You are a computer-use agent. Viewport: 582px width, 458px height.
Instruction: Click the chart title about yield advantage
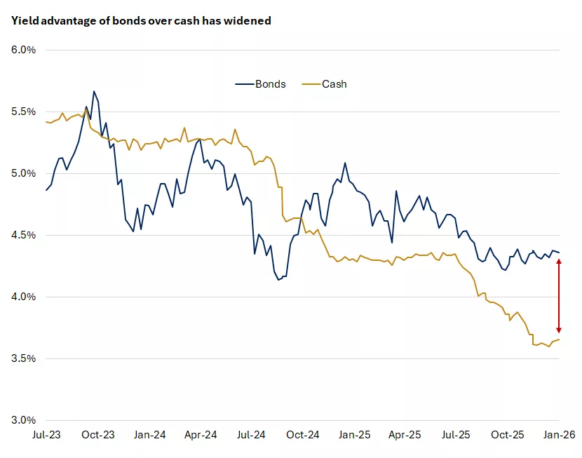pos(140,21)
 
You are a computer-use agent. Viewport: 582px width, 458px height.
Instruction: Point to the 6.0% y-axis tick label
pos(23,50)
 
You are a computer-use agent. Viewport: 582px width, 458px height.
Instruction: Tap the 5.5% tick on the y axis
pos(23,112)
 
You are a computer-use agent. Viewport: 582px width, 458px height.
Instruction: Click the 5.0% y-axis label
pos(23,173)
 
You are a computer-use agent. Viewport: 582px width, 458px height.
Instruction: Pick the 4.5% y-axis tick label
pos(23,235)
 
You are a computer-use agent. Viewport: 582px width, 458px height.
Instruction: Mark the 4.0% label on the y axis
pos(23,297)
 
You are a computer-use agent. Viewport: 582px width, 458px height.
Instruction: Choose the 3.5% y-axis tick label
pos(23,358)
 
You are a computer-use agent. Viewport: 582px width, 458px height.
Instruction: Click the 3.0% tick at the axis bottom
pos(23,420)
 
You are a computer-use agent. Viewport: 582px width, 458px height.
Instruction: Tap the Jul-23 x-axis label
pos(46,436)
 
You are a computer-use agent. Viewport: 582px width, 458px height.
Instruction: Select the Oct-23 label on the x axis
pos(98,436)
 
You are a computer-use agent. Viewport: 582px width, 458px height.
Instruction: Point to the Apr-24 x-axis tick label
pos(200,436)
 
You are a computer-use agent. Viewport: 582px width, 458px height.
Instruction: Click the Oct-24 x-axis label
pos(303,436)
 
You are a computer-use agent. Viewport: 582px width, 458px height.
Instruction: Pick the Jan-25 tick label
pos(354,436)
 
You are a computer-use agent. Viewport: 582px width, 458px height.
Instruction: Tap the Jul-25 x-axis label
pos(456,436)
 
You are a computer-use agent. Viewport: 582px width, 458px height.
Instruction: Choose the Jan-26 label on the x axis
pos(560,436)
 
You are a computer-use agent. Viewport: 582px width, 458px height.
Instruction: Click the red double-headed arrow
pos(559,295)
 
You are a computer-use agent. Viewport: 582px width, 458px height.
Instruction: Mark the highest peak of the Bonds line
pos(93,91)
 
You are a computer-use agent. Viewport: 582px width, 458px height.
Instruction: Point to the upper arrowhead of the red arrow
pos(559,261)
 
